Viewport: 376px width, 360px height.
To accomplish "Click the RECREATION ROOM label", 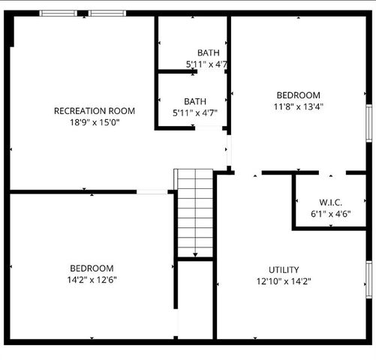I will coord(95,111).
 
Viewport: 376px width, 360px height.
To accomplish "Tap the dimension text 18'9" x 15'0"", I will coord(95,122).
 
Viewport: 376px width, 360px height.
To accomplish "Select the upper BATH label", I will coord(208,52).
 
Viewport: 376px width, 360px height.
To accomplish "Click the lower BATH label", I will coord(195,101).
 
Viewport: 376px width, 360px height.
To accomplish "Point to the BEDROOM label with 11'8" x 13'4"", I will coord(298,95).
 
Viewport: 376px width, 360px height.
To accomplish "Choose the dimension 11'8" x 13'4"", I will coord(298,106).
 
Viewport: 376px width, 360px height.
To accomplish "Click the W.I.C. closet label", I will coord(330,202).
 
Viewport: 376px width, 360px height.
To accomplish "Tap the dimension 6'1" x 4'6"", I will coord(330,214).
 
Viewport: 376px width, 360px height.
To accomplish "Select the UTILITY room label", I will coord(284,270).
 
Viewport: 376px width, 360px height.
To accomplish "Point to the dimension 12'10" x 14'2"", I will coord(284,281).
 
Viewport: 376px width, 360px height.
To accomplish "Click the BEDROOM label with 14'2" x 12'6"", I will coord(92,268).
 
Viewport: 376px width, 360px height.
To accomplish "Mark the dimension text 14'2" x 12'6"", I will coord(92,280).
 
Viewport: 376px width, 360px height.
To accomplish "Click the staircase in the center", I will coord(195,214).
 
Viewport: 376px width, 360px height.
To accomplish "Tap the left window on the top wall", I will coord(62,13).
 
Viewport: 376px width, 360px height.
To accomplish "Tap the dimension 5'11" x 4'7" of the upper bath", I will coord(207,64).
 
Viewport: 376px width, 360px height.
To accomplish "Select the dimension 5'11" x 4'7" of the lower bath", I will coord(195,113).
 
